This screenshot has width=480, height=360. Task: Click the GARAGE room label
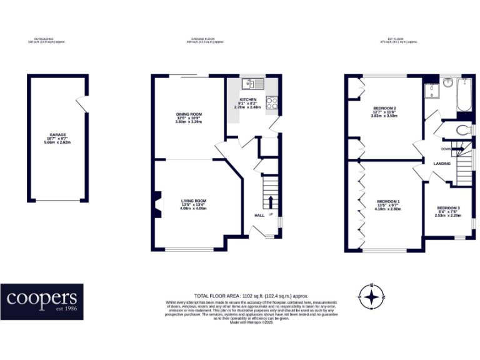click(57, 134)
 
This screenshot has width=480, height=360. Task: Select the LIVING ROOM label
click(193, 201)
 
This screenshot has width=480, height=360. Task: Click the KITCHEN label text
click(247, 100)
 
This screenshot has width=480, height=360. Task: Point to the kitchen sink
click(254, 82)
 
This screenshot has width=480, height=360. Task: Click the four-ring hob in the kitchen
click(272, 103)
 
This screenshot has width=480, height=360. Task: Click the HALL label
click(259, 216)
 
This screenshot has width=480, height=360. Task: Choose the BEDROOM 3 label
click(448, 207)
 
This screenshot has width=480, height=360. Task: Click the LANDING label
click(442, 164)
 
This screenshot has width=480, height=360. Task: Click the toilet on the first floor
click(463, 130)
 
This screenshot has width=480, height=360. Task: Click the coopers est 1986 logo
click(42, 301)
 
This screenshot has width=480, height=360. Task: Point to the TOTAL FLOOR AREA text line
click(251, 296)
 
